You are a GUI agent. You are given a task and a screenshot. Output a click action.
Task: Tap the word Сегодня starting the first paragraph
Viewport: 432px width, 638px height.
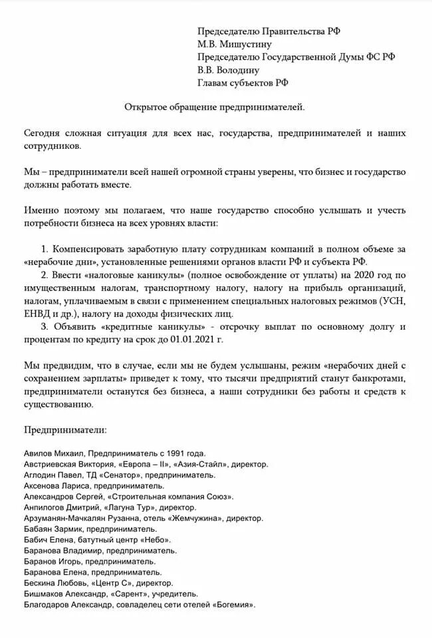[x=43, y=133]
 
